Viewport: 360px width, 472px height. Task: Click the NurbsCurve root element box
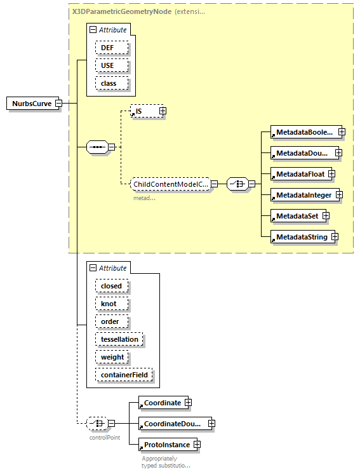(30, 104)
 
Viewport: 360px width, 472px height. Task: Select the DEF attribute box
(112, 48)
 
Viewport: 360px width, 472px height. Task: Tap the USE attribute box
(112, 65)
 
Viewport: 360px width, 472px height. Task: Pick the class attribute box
(112, 83)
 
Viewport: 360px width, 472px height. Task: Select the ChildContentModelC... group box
(170, 184)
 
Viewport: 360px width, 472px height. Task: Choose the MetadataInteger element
(303, 195)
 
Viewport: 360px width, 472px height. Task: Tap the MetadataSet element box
(295, 216)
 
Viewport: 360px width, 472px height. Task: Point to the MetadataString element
(301, 237)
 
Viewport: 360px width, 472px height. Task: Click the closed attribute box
(111, 286)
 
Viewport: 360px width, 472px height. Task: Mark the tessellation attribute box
(119, 339)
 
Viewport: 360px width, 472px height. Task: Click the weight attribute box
(112, 357)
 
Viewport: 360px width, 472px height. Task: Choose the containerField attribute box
(124, 375)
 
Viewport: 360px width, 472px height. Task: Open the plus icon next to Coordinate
(188, 403)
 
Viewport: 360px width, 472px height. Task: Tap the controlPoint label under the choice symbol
(104, 438)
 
